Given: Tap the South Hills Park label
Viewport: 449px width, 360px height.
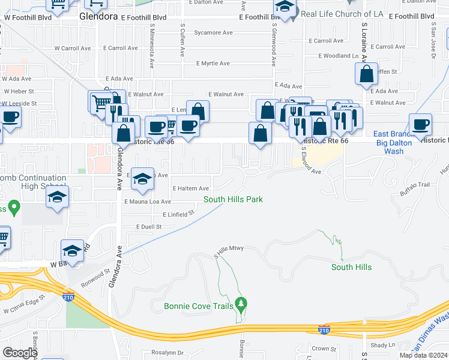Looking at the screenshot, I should point(233,199).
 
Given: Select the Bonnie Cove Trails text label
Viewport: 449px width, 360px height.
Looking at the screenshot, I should point(198,307).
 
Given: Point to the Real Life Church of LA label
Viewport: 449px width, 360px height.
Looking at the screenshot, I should point(340,14).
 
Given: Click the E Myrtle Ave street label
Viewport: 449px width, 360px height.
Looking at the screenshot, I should point(213,63).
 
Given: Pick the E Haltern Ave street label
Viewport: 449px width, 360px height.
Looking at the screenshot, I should point(190,188).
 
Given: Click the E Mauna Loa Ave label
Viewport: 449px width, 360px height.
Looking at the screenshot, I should point(148,202).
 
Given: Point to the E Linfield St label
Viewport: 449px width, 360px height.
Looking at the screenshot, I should point(178,214).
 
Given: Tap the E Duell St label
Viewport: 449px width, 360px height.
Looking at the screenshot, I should point(149,227).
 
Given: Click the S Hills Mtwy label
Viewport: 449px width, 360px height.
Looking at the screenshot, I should point(228,256).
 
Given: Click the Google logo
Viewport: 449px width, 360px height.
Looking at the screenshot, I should point(20,353).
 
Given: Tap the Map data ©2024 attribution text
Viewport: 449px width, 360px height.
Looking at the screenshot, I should point(423,355).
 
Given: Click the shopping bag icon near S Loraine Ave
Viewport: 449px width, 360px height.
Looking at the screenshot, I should point(366,74).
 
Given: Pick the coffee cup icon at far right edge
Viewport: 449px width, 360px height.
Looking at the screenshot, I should point(420,124).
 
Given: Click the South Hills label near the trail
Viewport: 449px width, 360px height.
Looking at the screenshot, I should point(351,267).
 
